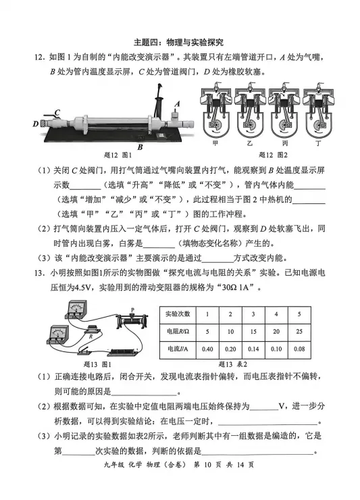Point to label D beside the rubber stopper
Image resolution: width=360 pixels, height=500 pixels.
(x=34, y=124)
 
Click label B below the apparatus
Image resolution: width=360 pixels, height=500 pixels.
(x=140, y=146)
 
